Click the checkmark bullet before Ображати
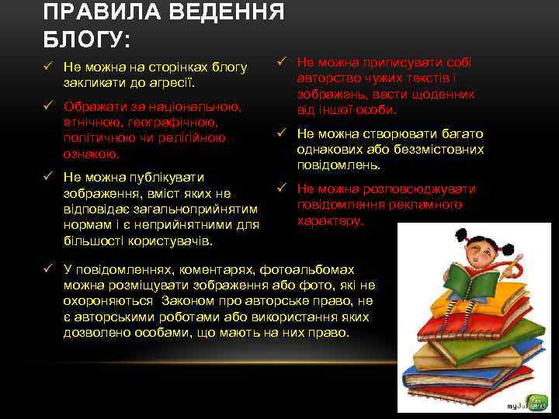tap(49, 106)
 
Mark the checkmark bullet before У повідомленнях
tap(49, 269)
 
